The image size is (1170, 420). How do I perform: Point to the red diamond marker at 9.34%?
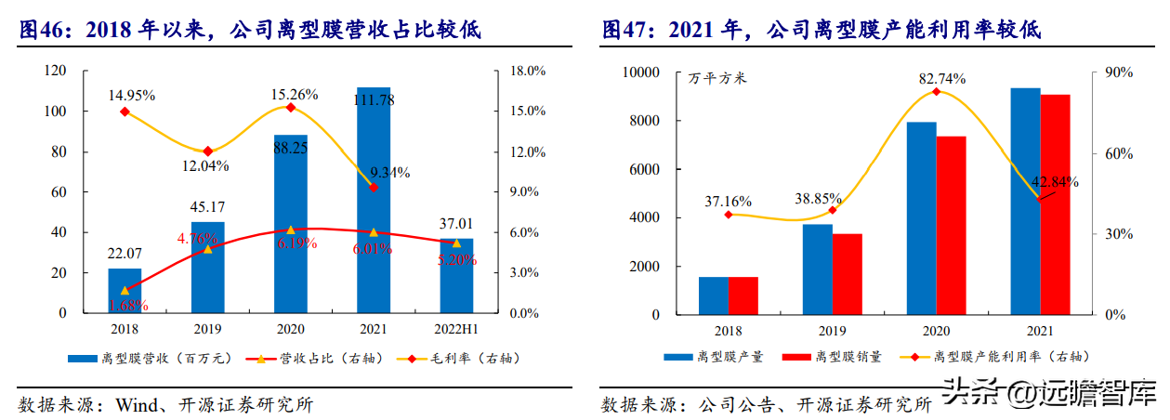click(374, 188)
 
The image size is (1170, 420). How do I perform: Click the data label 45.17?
click(207, 206)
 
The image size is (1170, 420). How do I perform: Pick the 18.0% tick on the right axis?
click(528, 71)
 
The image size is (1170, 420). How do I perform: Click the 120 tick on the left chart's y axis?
click(56, 71)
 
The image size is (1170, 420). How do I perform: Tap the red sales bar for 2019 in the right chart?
click(847, 274)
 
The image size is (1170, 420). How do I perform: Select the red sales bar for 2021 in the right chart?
click(1055, 204)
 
